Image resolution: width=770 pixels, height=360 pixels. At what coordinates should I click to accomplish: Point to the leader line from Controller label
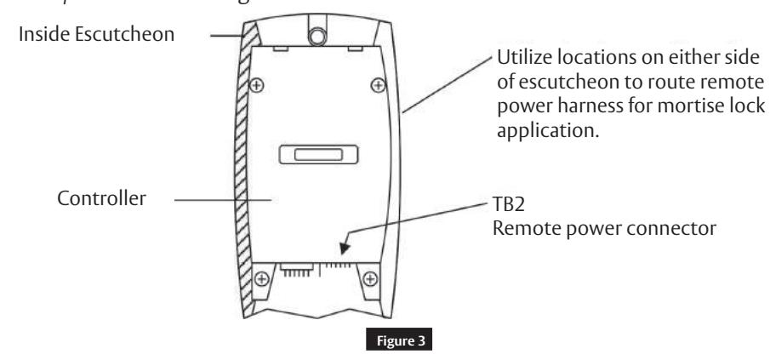[223, 201]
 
